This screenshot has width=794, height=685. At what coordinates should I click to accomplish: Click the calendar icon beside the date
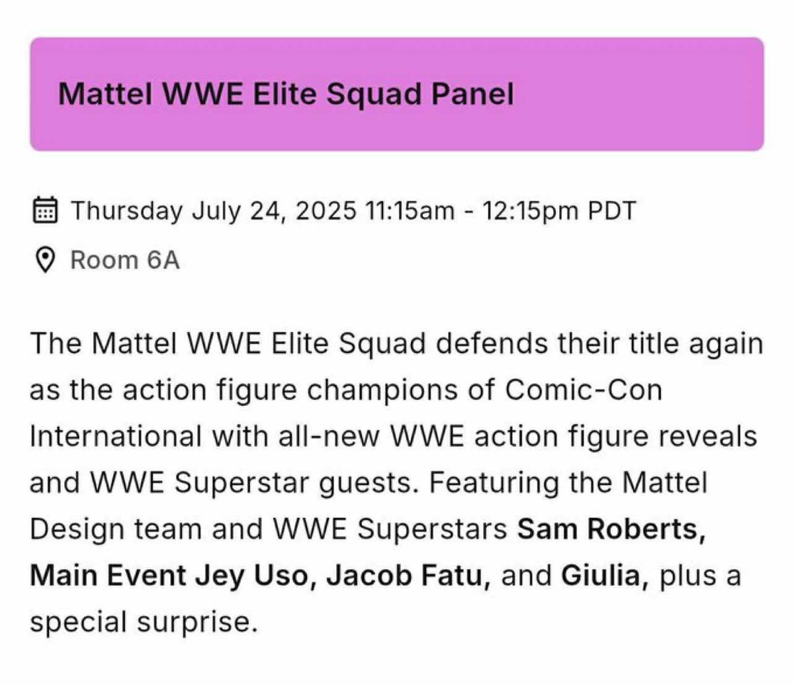coord(44,211)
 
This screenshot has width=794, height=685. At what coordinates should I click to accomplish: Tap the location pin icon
coord(44,260)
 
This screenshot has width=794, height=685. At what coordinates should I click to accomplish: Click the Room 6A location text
coord(125,260)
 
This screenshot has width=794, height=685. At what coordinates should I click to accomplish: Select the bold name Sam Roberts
coord(611,530)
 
